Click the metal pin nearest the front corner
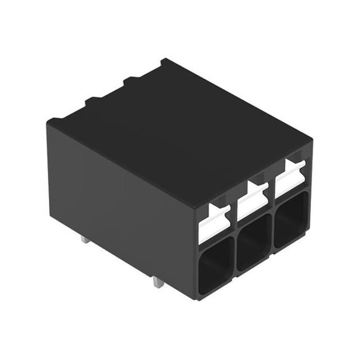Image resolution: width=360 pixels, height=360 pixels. click(159, 282)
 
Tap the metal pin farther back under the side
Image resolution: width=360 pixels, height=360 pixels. click(84, 239)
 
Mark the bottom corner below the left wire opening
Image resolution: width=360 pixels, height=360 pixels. click(198, 297)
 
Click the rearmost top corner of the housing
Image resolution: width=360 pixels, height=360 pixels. click(163, 60)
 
